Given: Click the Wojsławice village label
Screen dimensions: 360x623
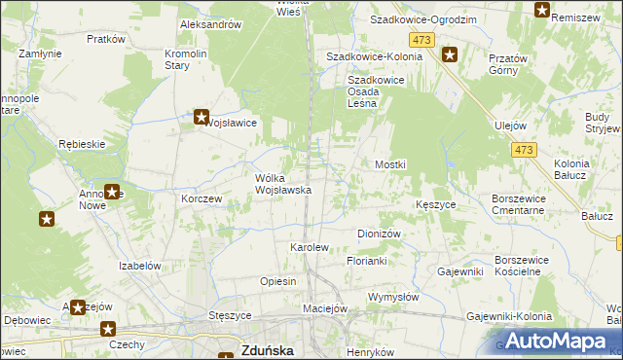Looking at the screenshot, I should click(230, 124).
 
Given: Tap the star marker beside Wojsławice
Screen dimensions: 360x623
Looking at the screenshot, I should click(202, 118).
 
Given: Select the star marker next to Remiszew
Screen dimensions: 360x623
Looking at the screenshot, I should click(542, 11).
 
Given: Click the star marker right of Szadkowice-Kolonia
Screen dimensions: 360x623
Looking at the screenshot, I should click(450, 54).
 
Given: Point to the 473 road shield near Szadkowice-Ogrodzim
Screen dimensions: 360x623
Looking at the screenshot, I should click(421, 39).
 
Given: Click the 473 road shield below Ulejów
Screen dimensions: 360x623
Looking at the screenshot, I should click(523, 149).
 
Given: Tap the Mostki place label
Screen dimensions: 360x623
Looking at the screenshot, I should click(390, 165).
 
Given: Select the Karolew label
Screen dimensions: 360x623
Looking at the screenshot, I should click(311, 248).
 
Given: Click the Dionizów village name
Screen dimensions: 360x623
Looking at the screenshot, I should click(380, 234).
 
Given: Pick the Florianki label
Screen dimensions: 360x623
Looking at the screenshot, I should click(368, 262).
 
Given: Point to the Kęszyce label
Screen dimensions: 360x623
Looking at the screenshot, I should click(436, 205).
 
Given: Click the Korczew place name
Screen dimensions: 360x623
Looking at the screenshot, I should click(202, 198).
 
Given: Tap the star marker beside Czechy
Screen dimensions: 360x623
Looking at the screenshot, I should click(107, 330).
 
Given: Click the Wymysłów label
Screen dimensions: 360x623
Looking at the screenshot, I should click(393, 296).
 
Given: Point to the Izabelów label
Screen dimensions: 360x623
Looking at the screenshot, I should click(139, 266).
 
